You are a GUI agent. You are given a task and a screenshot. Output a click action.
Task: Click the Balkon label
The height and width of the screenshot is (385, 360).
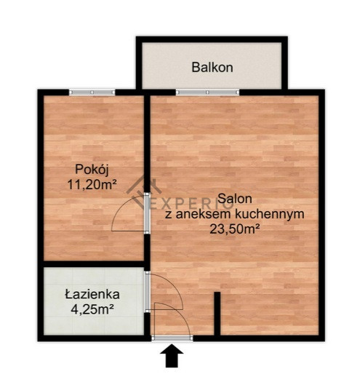[212, 67]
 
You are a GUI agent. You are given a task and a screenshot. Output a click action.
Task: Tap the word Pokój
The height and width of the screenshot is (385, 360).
[92, 170]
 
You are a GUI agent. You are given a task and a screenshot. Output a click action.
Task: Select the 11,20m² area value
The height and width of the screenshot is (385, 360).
[92, 185]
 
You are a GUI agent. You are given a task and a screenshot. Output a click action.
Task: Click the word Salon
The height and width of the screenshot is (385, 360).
[235, 199]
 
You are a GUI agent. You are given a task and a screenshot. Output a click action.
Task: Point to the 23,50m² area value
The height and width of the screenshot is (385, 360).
[235, 229]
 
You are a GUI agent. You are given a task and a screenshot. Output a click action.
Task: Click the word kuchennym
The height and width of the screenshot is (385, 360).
[270, 214]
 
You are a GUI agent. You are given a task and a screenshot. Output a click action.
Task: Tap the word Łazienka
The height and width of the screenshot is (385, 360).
[92, 294]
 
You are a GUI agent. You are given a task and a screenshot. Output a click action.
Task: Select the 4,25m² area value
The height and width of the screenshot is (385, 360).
[92, 309]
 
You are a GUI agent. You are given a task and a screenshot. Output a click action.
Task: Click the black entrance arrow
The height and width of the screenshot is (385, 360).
[172, 355]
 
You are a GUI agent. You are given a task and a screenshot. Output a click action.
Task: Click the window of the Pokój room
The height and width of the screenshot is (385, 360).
[92, 92]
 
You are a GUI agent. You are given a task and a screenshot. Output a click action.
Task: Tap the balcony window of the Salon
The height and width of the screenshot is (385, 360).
[207, 92]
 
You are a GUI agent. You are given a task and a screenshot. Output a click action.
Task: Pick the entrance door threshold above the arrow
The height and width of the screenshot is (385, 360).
[172, 338]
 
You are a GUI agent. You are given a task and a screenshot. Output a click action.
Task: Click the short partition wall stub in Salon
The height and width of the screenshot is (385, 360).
[217, 313]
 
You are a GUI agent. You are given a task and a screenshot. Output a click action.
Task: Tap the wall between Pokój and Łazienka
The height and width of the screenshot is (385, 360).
[94, 264]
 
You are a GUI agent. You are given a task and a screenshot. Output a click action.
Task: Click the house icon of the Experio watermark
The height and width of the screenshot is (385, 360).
[144, 191]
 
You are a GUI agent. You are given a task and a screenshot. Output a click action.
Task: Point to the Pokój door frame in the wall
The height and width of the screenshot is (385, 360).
[147, 213]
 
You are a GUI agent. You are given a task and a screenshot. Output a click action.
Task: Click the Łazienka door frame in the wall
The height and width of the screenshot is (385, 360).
[147, 292]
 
